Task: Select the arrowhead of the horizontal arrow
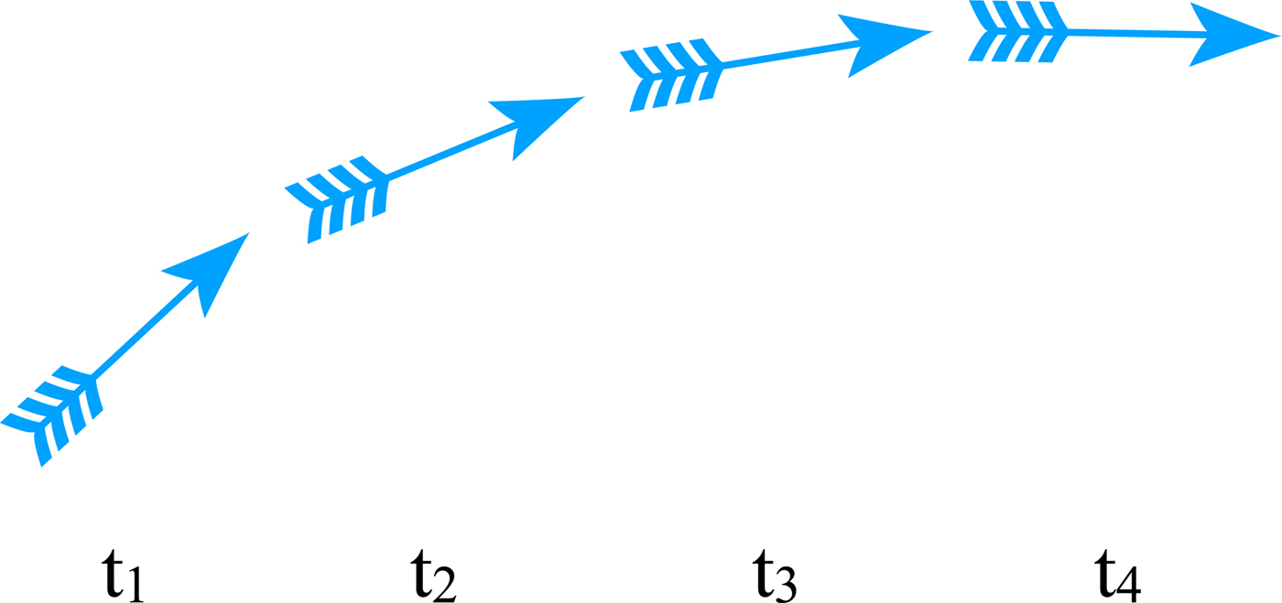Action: tap(1232, 35)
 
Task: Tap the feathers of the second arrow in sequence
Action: tap(339, 198)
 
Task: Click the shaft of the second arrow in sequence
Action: tap(449, 151)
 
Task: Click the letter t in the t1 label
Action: tap(112, 575)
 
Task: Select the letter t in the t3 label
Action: tap(762, 575)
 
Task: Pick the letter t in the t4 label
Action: tap(1105, 575)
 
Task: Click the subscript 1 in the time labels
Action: tap(136, 586)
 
